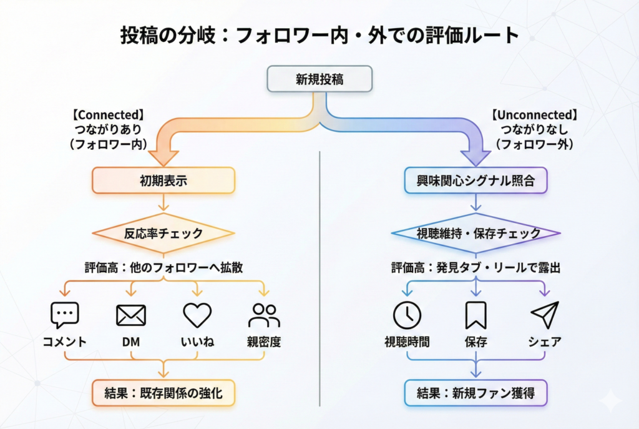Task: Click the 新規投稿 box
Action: [319, 79]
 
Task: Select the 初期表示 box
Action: [163, 180]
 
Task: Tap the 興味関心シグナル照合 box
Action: [476, 180]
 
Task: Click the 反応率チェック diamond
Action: [163, 234]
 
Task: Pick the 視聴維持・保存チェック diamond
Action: [476, 234]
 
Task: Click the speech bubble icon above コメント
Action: [65, 315]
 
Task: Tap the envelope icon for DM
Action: [131, 315]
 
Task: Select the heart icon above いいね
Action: [197, 315]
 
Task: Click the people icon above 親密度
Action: [264, 315]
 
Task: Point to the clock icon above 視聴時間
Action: [407, 315]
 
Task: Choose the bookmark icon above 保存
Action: [476, 315]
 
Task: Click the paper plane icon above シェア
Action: [544, 315]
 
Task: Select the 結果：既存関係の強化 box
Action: [163, 393]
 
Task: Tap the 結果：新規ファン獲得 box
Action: [476, 393]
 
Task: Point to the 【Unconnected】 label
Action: [534, 115]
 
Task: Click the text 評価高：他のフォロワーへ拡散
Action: [163, 267]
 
